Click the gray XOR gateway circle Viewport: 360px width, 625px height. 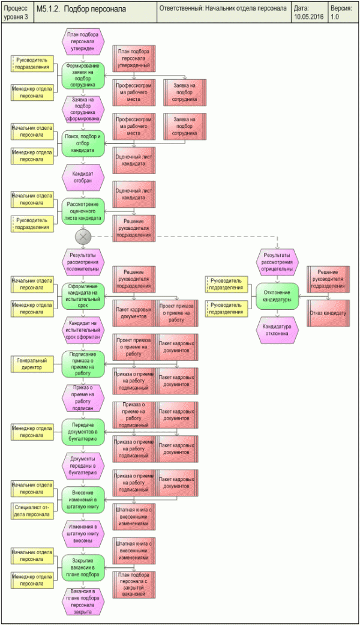83,237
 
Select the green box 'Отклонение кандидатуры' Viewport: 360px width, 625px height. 277,295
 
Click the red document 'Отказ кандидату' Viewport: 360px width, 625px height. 328,313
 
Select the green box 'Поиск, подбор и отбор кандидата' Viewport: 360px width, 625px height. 83,143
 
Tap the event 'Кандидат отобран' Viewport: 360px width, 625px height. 83,177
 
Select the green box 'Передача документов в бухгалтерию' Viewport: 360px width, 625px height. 83,429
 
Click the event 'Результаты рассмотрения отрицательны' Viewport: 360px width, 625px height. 278,262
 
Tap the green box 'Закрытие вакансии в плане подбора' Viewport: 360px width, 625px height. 83,566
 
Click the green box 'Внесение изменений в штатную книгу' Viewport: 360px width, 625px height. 83,498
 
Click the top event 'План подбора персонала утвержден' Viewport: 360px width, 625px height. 83,41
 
